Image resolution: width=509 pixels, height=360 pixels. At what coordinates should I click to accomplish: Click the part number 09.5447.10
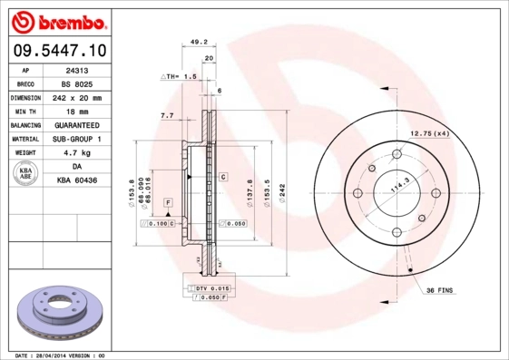pos(59,50)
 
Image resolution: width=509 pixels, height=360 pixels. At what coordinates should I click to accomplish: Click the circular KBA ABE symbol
pos(25,174)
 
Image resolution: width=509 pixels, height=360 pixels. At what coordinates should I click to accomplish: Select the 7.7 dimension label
pos(167,116)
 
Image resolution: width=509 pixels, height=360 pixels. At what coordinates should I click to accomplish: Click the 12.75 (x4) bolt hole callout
pos(430,133)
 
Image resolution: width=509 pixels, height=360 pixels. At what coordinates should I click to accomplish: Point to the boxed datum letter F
pos(168,200)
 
